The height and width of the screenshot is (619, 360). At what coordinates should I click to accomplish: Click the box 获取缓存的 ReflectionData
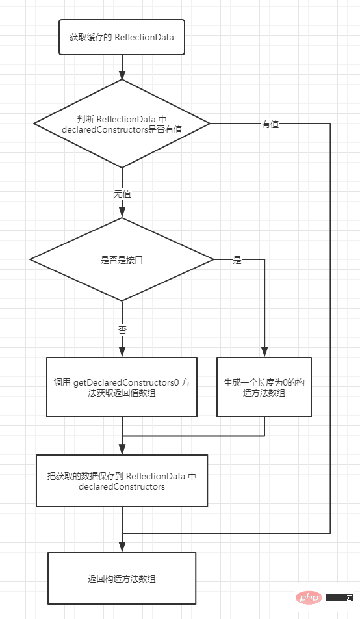[122, 37]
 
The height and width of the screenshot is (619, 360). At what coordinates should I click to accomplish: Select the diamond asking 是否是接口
[122, 259]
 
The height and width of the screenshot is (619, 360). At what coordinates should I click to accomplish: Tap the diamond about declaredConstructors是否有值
[122, 124]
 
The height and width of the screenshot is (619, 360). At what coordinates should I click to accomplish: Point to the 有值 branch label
[270, 124]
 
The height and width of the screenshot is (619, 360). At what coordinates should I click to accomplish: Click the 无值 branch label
[122, 194]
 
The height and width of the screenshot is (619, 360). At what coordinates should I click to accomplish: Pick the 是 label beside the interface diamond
[237, 260]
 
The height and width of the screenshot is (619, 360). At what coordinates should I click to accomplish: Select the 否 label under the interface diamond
[122, 330]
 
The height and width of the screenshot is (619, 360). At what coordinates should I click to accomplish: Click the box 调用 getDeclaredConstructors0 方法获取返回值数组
[122, 388]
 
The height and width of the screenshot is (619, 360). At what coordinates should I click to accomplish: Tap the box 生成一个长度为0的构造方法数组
[264, 388]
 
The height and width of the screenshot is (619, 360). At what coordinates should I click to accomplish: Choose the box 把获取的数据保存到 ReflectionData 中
[122, 481]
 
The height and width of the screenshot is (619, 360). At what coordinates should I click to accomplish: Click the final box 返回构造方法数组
[122, 578]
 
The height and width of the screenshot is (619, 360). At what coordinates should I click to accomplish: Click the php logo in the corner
[309, 598]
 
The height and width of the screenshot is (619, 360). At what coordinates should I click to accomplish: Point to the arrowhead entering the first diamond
[122, 75]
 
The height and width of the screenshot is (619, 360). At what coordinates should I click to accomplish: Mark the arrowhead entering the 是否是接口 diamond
[122, 213]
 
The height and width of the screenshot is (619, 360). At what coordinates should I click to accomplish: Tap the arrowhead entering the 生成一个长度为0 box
[264, 352]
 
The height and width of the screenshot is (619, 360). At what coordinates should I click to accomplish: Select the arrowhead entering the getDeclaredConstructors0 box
[122, 352]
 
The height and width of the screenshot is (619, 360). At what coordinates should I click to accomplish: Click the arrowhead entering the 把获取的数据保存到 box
[122, 450]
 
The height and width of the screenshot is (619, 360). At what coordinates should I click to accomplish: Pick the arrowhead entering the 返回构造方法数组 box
[122, 547]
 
